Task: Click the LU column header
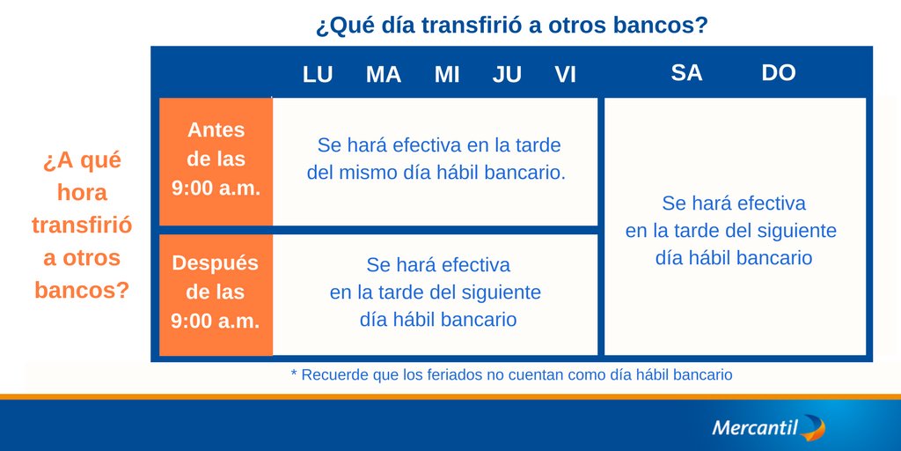[x=318, y=75]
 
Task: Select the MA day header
[x=384, y=75]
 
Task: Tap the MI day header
[x=447, y=75]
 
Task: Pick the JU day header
[x=507, y=75]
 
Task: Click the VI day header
[x=566, y=75]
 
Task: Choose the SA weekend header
[x=686, y=73]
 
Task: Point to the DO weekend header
[x=779, y=73]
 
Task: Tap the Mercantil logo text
[x=754, y=428]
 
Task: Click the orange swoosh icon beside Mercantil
[x=814, y=429]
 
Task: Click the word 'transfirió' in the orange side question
[x=82, y=225]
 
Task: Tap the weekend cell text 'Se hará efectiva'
[x=734, y=203]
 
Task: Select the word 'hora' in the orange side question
[x=82, y=193]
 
